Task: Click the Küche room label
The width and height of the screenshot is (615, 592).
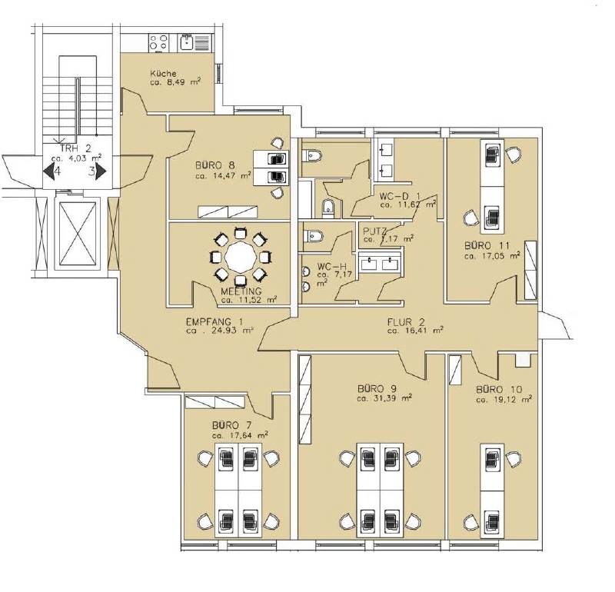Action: point(164,72)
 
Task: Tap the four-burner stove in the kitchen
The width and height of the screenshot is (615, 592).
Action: point(158,42)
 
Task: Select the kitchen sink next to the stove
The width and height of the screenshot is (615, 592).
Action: point(188,42)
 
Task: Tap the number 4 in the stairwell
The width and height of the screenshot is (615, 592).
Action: point(56,171)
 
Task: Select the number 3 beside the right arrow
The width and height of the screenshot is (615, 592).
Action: point(91,171)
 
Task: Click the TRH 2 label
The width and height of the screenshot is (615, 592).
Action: point(75,149)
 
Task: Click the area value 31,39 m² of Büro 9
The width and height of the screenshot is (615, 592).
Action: point(384,399)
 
